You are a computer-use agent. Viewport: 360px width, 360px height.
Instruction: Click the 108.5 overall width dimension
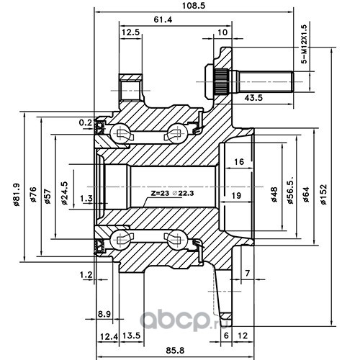[x=194, y=6]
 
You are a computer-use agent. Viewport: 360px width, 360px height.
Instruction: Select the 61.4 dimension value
[x=163, y=19]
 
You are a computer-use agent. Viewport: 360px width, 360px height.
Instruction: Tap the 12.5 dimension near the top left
[x=131, y=32]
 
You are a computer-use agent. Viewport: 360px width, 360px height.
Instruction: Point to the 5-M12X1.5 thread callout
[x=305, y=44]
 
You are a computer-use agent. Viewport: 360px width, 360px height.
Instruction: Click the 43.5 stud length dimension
[x=253, y=98]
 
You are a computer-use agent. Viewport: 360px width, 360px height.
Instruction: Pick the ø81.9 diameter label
[x=17, y=194]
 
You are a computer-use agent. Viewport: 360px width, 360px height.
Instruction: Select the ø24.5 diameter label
[x=64, y=193]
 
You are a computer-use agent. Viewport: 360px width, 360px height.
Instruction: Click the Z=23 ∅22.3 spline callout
[x=172, y=193]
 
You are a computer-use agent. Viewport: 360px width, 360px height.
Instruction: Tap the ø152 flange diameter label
[x=323, y=194]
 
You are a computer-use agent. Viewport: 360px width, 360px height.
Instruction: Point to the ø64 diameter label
[x=306, y=195]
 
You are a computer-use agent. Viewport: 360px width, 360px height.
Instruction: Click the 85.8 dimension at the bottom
[x=175, y=351]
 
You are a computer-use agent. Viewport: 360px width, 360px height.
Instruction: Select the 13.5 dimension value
[x=131, y=336]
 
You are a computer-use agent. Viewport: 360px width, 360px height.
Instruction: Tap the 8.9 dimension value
[x=104, y=314]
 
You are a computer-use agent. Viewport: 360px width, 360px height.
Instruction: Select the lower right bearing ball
[x=177, y=239]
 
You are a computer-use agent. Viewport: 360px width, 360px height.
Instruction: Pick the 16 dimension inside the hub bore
[x=239, y=161]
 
